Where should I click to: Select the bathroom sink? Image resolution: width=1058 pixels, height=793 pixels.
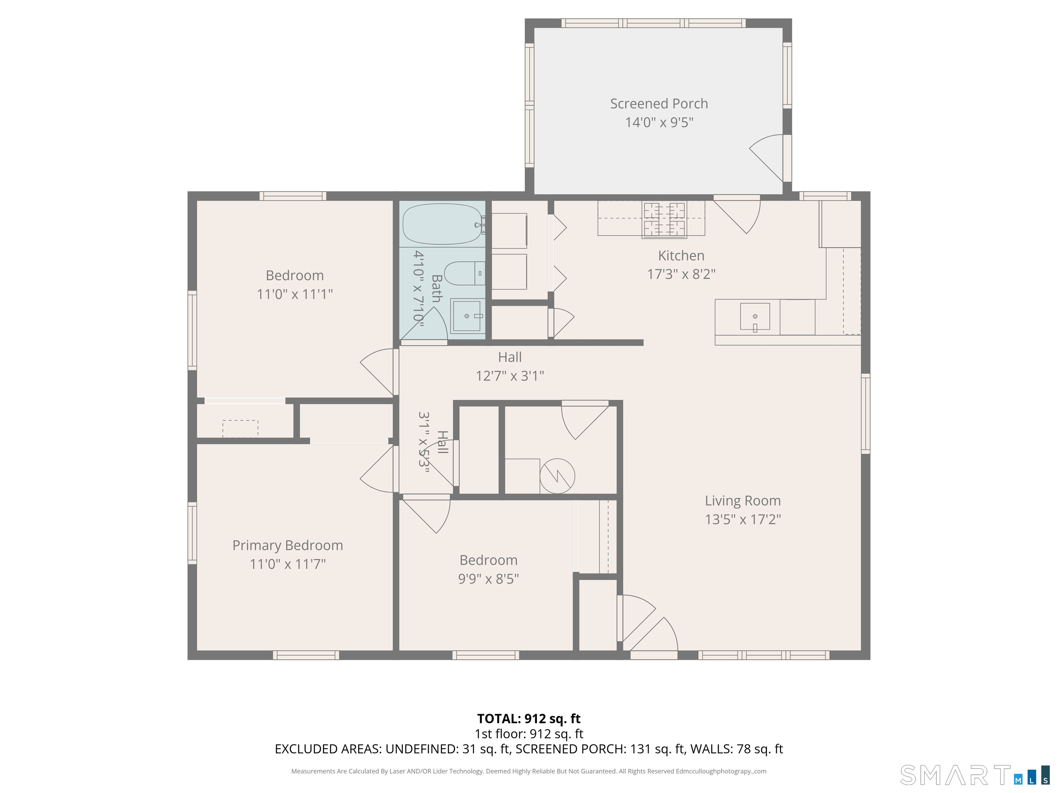[x=467, y=316]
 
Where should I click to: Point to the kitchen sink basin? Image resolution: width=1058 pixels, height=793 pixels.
[x=755, y=316]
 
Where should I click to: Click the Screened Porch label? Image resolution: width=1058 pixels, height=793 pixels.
[x=658, y=104]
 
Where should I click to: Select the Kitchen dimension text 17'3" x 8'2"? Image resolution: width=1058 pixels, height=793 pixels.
[x=681, y=274]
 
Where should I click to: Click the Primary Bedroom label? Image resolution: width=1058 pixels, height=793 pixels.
[x=288, y=546]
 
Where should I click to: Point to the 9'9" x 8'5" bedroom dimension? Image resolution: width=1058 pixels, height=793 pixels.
[x=488, y=578]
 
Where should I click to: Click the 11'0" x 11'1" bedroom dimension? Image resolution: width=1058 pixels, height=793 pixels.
[x=294, y=294]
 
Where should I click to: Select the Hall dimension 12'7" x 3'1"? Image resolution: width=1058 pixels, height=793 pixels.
[x=510, y=376]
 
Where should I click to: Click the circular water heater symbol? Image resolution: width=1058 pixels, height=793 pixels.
[x=557, y=476]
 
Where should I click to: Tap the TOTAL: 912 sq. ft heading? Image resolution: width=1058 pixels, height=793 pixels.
[x=529, y=718]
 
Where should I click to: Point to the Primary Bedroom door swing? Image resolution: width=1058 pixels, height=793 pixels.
[x=379, y=469]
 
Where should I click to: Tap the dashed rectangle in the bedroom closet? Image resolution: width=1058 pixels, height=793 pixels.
[x=240, y=428]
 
